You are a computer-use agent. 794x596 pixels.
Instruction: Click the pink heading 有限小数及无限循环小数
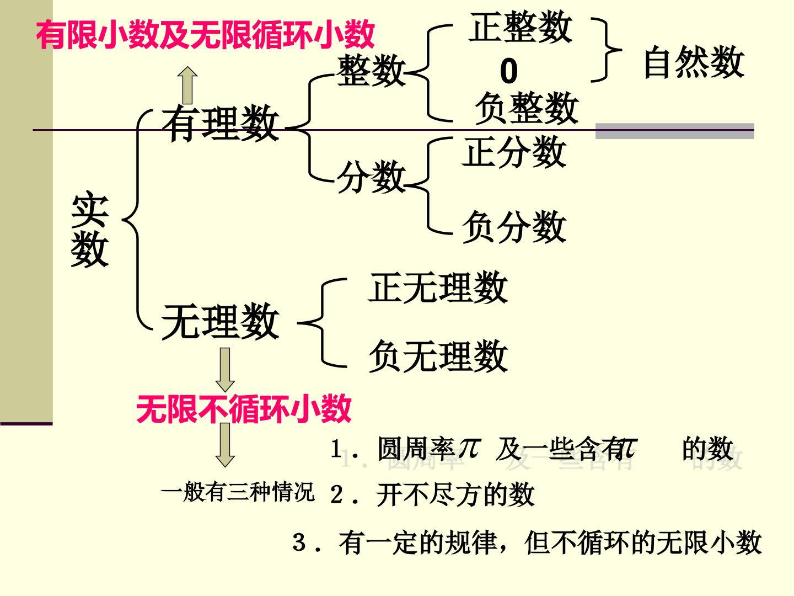[205, 34]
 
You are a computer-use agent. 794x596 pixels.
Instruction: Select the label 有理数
[221, 123]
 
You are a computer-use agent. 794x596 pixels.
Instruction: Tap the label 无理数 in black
[221, 321]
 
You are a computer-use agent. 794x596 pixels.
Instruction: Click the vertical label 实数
[90, 230]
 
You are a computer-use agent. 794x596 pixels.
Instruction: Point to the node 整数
[371, 70]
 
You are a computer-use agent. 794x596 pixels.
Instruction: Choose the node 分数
[371, 177]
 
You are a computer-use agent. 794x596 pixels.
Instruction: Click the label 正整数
[521, 26]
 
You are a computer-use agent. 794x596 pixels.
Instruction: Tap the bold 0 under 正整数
[508, 71]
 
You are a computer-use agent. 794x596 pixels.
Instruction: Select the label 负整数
[527, 108]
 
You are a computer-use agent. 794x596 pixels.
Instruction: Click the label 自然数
[694, 62]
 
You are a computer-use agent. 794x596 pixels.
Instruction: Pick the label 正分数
[514, 152]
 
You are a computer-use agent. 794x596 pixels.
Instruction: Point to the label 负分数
[514, 226]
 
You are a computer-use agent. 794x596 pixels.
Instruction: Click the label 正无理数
[438, 287]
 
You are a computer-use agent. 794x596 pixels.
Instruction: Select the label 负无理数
[438, 356]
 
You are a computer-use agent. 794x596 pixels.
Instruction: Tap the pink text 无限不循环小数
[244, 409]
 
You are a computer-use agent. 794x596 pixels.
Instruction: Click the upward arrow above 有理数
[187, 86]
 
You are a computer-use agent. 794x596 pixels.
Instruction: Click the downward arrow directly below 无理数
[225, 370]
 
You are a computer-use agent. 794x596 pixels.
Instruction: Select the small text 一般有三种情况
[238, 492]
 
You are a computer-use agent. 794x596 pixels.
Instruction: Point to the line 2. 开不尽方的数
[432, 494]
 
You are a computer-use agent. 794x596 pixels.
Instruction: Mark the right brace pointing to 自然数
[607, 50]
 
